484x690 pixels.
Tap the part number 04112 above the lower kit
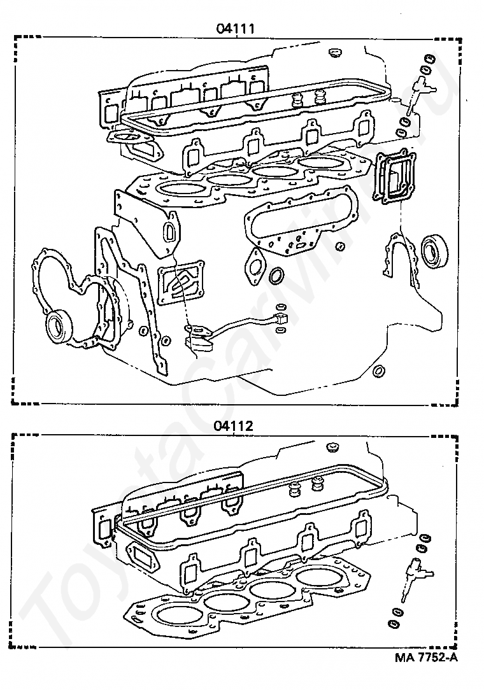233,426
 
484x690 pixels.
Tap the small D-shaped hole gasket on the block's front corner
171,231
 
